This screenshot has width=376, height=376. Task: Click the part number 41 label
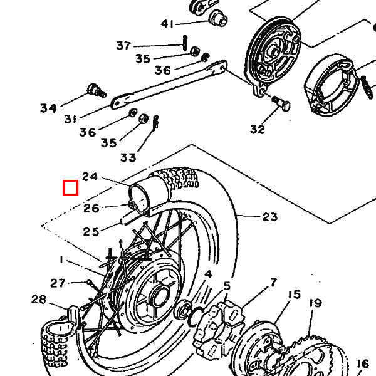pyautogui.click(x=167, y=24)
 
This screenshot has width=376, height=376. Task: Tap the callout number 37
pyautogui.click(x=123, y=46)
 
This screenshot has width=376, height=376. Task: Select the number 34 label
pyautogui.click(x=48, y=108)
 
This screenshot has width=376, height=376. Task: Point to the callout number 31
pyautogui.click(x=70, y=118)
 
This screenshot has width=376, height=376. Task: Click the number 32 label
pyautogui.click(x=258, y=129)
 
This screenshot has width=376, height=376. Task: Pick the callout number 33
pyautogui.click(x=128, y=157)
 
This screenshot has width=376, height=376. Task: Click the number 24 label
pyautogui.click(x=90, y=177)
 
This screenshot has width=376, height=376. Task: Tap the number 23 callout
pyautogui.click(x=270, y=217)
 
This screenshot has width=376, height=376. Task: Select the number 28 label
pyautogui.click(x=39, y=300)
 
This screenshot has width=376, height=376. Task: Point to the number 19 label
pyautogui.click(x=315, y=303)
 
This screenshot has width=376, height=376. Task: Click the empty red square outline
pyautogui.click(x=70, y=188)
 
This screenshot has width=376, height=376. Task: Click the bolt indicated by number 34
pyautogui.click(x=97, y=90)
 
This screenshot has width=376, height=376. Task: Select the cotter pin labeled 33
pyautogui.click(x=155, y=122)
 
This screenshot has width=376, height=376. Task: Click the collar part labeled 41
pyautogui.click(x=218, y=18)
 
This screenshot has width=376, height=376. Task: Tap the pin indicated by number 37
pyautogui.click(x=185, y=43)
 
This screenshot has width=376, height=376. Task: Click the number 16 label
pyautogui.click(x=363, y=363)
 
